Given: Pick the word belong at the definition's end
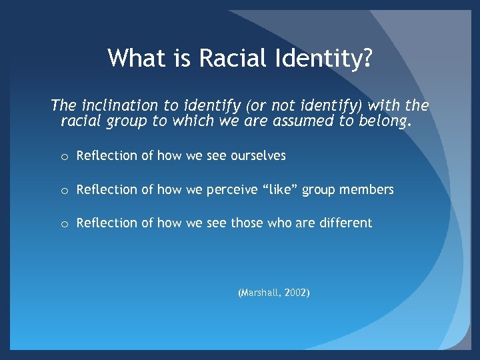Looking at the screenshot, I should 387,122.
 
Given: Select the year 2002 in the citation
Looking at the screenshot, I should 295,293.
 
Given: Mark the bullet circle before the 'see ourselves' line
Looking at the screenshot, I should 63,157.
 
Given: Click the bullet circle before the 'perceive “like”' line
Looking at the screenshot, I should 63,191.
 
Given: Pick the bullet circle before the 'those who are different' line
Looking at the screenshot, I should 63,224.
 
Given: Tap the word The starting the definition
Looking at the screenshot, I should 63,105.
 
